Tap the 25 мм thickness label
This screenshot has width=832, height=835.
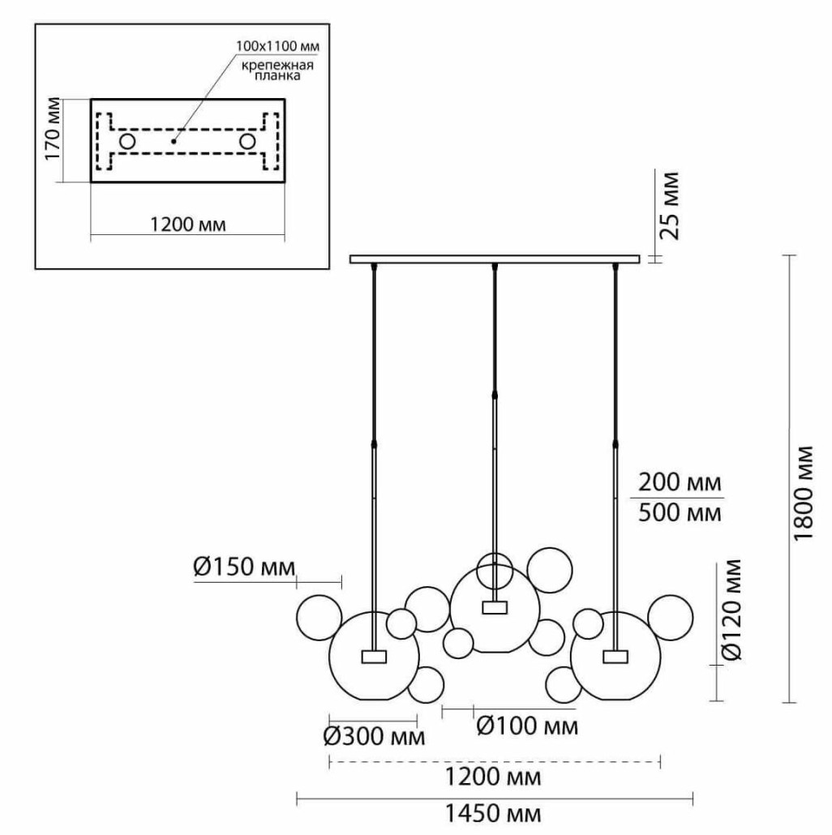[669, 204]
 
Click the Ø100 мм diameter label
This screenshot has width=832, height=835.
[528, 726]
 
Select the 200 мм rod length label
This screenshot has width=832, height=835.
[679, 483]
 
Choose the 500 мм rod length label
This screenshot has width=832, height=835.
[679, 512]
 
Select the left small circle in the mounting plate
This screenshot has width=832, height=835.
[127, 142]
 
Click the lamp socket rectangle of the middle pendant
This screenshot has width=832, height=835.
[493, 607]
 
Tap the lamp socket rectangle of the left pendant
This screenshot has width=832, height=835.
[374, 655]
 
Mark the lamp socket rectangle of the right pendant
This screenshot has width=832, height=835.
[615, 655]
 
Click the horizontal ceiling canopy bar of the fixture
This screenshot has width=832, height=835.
[495, 259]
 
